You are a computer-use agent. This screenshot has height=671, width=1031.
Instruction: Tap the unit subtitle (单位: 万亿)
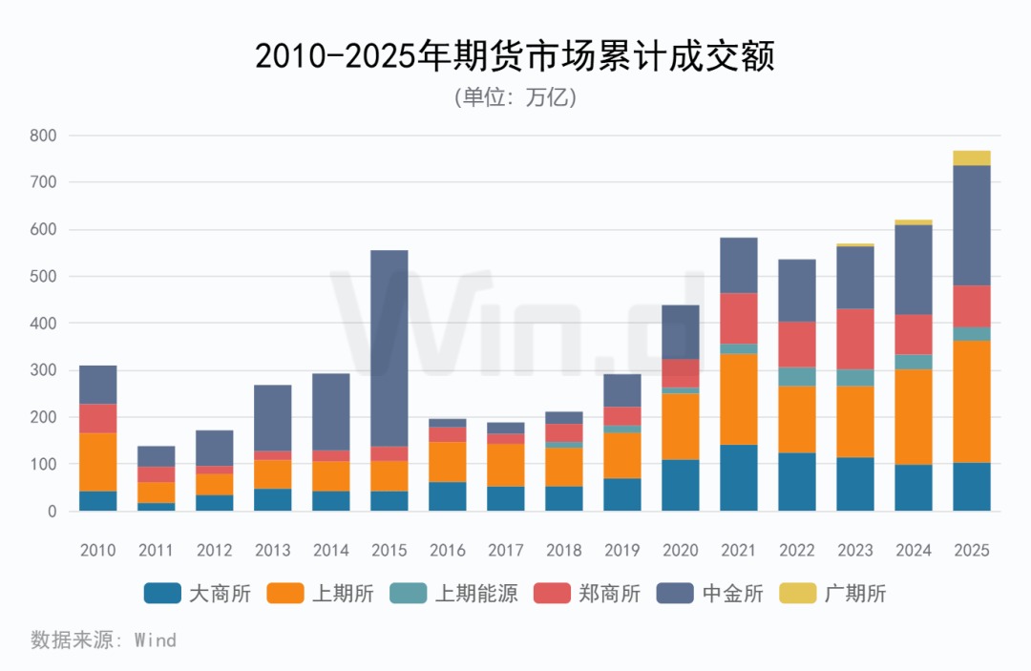(515, 97)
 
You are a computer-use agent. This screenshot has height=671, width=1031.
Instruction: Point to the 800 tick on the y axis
(44, 136)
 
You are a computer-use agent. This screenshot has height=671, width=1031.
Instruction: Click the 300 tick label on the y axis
(44, 370)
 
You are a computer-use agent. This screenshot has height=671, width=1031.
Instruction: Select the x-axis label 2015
(389, 551)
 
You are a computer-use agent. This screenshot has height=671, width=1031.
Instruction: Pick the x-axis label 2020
(680, 551)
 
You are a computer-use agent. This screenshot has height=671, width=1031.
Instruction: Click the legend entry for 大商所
(197, 594)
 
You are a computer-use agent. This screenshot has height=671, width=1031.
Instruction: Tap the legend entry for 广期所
(832, 594)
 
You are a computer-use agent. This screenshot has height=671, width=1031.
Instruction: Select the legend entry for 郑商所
(588, 594)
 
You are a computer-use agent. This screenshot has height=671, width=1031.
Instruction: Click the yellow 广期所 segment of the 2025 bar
(971, 158)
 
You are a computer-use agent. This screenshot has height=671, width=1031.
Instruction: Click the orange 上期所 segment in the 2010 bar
(98, 462)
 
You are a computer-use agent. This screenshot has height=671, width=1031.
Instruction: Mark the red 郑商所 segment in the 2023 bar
(854, 339)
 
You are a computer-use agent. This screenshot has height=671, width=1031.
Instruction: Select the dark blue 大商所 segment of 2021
(738, 478)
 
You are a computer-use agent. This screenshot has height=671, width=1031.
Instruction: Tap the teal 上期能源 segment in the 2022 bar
(796, 377)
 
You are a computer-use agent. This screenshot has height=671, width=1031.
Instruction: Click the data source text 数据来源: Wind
(103, 640)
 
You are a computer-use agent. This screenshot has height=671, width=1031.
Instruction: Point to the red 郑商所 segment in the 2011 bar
(157, 474)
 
